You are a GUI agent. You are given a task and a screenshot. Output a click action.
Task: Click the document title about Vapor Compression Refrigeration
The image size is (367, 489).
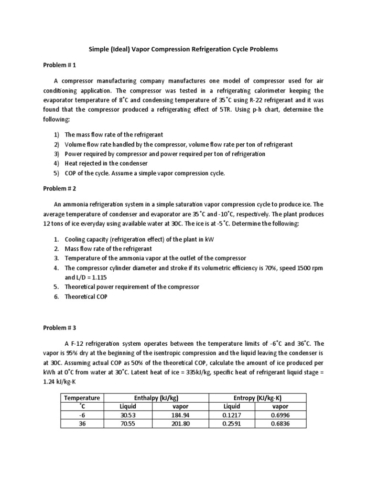pyautogui.click(x=183, y=49)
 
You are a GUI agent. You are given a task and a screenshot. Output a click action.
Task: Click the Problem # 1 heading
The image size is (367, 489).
pyautogui.click(x=60, y=64)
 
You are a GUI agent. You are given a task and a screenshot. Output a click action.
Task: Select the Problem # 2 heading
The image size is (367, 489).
pyautogui.click(x=60, y=188)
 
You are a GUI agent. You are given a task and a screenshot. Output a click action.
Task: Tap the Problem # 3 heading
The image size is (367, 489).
pyautogui.click(x=60, y=328)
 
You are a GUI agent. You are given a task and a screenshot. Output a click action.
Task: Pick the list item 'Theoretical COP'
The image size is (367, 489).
pyautogui.click(x=86, y=297)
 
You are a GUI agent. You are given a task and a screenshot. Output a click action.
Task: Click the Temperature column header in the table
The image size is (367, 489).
pyautogui.click(x=82, y=398)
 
